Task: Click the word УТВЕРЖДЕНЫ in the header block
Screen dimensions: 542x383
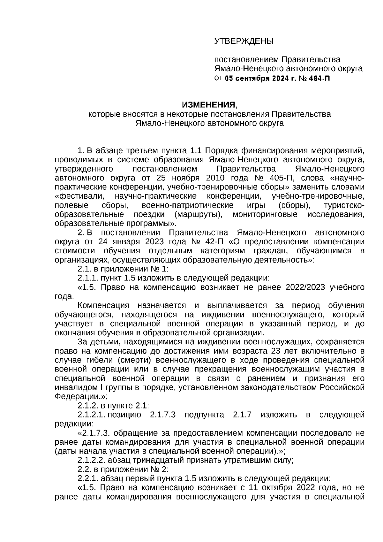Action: (244, 41)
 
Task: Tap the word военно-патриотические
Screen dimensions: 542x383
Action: (187, 205)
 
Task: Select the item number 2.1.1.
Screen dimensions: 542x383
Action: (88, 278)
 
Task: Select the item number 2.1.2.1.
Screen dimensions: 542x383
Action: (91, 415)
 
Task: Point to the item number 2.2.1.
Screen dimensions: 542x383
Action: (88, 478)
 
